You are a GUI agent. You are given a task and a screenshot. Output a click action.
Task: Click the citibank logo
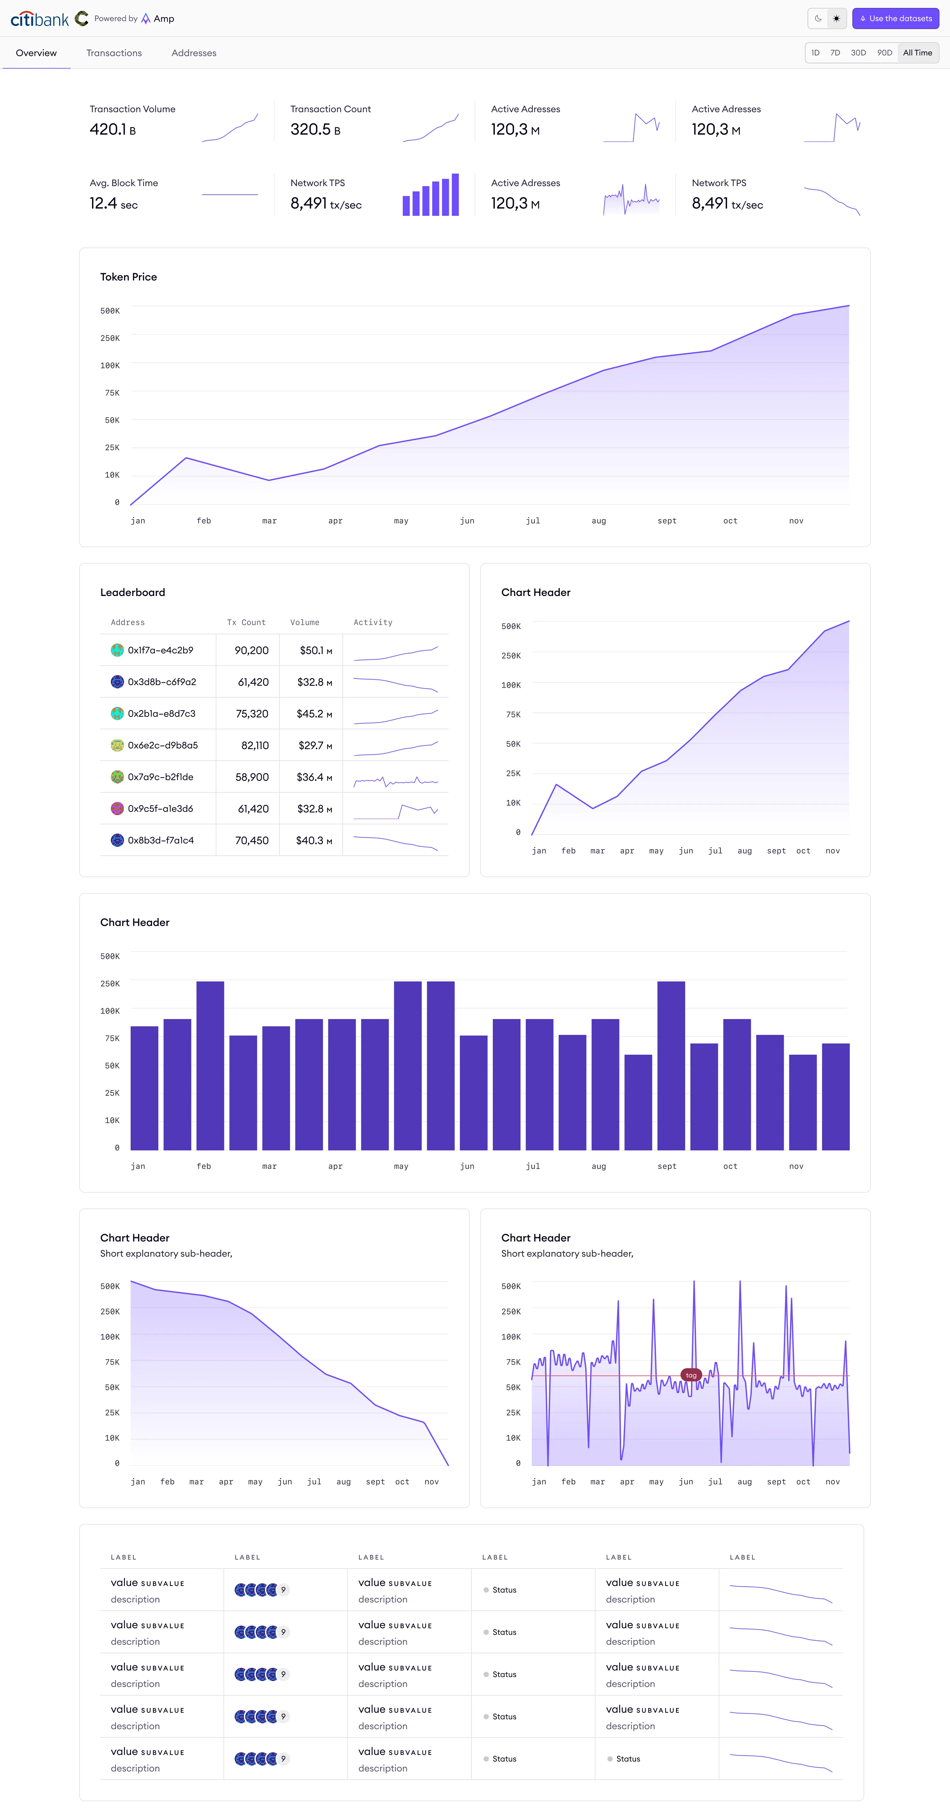(40, 19)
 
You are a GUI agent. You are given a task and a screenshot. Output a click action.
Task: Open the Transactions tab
(113, 53)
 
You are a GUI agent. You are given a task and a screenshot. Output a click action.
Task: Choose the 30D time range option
(858, 53)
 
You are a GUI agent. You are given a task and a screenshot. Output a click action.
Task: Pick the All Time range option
(917, 53)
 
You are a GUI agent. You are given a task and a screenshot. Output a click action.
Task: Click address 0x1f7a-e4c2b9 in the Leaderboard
(160, 650)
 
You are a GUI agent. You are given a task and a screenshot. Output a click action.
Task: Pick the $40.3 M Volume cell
(314, 840)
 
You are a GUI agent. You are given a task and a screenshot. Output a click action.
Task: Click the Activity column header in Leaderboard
(372, 622)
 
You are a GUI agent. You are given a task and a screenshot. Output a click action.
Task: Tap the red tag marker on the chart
(690, 1375)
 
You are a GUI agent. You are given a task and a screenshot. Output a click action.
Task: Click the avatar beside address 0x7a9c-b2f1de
(117, 776)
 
